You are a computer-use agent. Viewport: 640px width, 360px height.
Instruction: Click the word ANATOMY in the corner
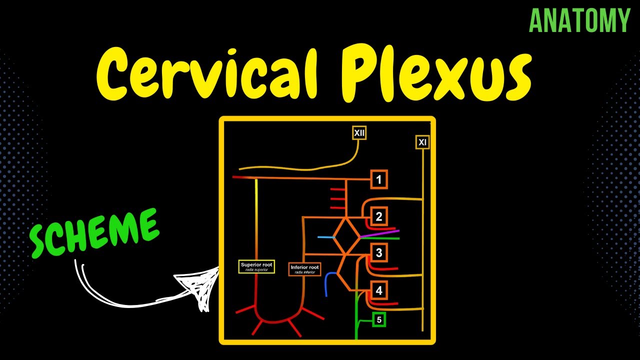pos(579,21)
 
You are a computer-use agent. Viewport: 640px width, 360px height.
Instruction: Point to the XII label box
pos(359,133)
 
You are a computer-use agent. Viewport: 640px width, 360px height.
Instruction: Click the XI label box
pos(422,142)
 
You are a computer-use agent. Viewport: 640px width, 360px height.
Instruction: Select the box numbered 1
pos(379,179)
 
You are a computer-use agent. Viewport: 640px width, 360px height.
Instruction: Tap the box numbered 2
pos(379,216)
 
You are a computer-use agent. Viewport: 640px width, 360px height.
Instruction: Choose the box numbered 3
pos(379,253)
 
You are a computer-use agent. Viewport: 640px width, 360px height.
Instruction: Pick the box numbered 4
pos(379,290)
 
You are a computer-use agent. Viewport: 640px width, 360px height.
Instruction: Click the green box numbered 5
pos(379,319)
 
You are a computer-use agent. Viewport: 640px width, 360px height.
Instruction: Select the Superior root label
pos(256,266)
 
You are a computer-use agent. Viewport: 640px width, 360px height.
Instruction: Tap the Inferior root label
pos(304,269)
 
